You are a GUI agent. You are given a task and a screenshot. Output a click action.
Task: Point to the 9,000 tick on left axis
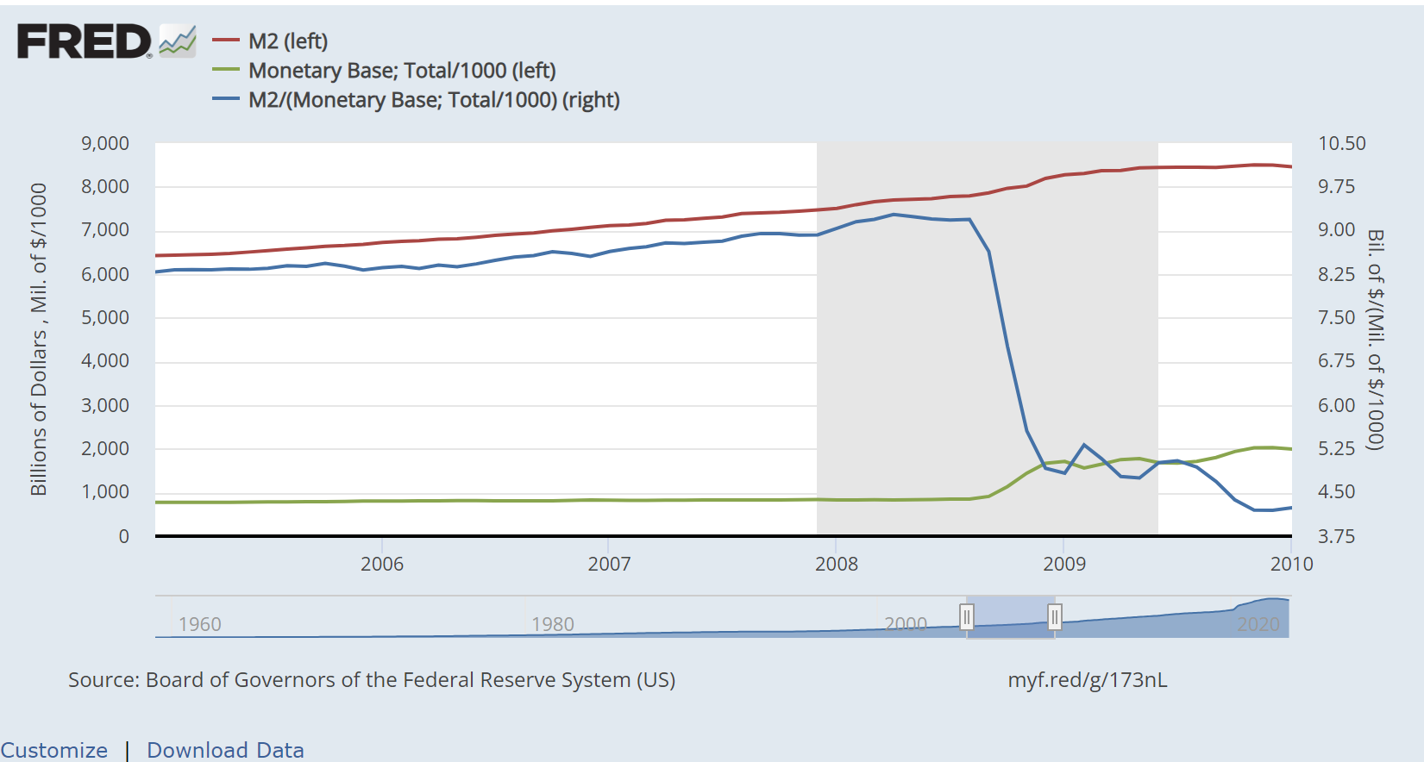[105, 143]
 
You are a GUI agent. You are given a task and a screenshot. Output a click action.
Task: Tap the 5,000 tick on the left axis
[105, 317]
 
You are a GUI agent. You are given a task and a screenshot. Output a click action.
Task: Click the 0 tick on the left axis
[123, 536]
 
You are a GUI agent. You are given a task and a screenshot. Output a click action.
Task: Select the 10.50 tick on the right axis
[1342, 143]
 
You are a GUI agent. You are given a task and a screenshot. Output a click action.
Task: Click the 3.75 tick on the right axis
[1337, 536]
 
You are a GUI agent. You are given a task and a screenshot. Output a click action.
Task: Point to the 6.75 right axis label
[1337, 361]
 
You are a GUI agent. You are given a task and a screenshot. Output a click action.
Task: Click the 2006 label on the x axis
[381, 564]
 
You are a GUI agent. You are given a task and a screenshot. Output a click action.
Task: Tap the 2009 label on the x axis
[1064, 564]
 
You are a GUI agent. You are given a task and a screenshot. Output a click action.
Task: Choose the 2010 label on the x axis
[1291, 564]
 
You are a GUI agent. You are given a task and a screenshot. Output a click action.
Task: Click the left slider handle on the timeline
[967, 617]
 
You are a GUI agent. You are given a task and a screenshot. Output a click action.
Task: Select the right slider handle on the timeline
[1054, 617]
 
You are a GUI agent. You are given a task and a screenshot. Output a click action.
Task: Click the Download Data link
[225, 750]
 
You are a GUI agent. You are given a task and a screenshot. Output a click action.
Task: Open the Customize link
[53, 750]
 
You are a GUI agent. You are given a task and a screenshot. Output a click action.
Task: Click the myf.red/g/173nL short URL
[1087, 680]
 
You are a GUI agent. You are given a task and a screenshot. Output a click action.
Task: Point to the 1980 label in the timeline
[552, 624]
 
